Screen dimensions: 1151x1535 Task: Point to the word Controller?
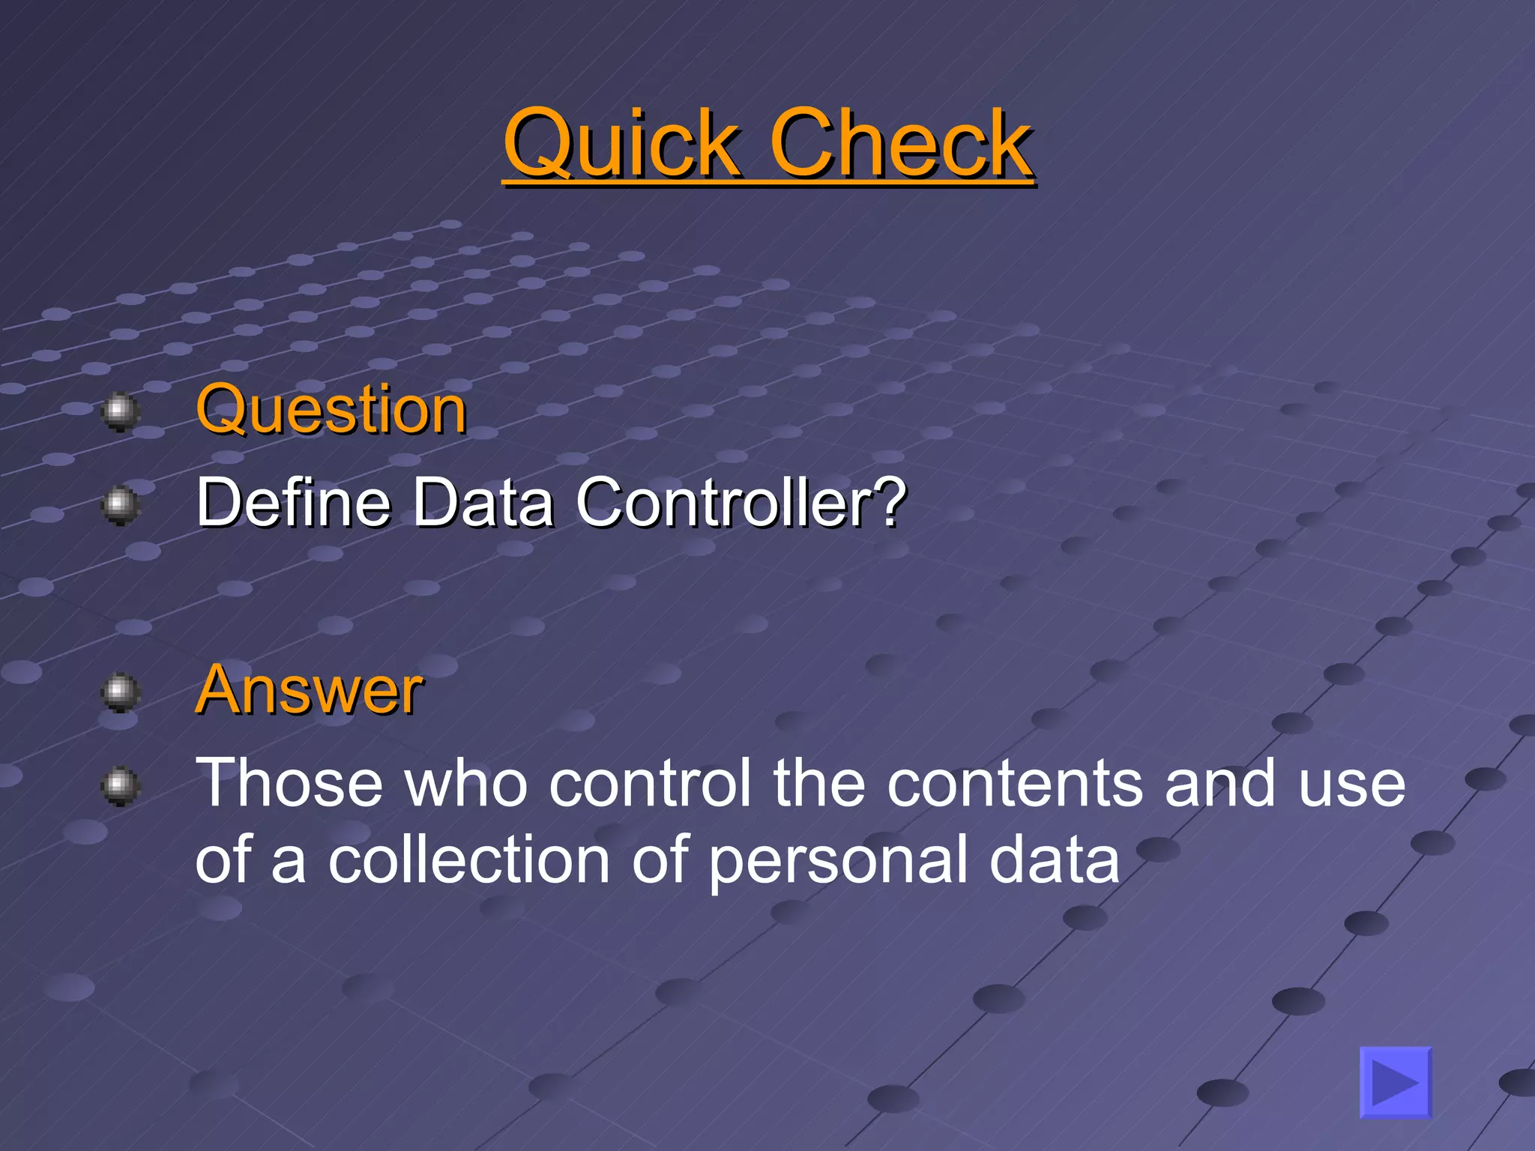click(x=741, y=502)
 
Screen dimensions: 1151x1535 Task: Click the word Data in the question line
click(x=483, y=502)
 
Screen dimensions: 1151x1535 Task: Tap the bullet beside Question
click(x=120, y=411)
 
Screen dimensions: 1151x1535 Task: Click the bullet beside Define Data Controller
click(x=120, y=505)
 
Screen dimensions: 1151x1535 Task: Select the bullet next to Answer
click(x=120, y=691)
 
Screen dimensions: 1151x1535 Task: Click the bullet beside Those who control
click(x=120, y=785)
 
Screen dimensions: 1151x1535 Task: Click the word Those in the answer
click(x=289, y=783)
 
